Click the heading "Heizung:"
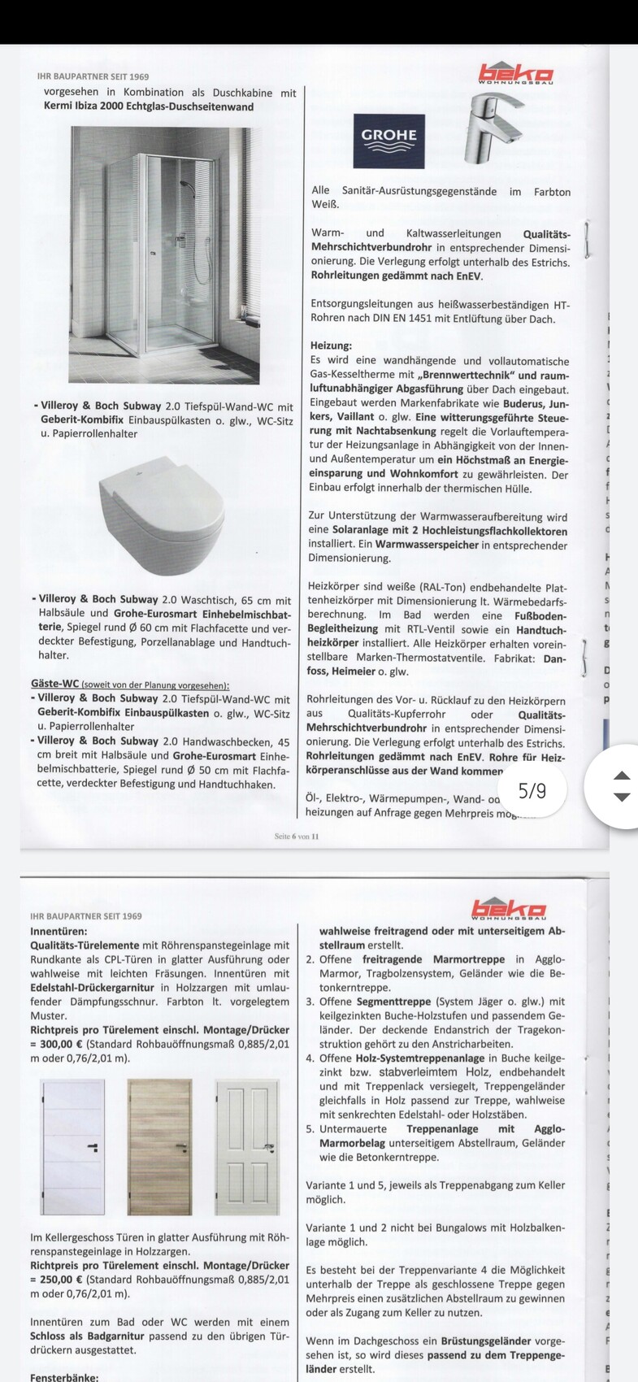331,345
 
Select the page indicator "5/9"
532,790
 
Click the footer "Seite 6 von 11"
297,836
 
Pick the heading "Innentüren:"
59,931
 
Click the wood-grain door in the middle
158,1146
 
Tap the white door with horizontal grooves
73,1146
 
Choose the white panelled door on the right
247,1146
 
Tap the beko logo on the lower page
508,908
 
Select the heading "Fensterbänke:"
64,1378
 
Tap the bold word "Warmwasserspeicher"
427,545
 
